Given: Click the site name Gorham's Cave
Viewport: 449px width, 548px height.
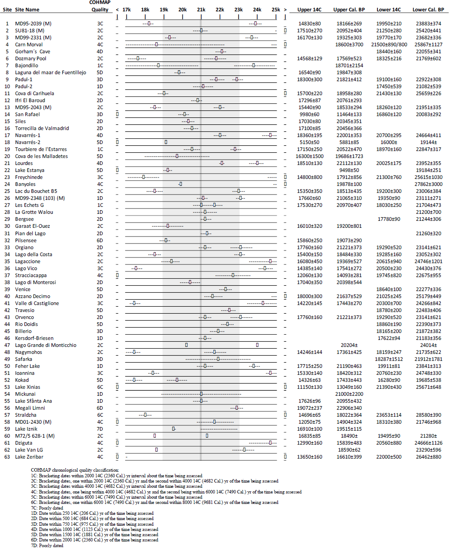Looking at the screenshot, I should [x=32, y=51].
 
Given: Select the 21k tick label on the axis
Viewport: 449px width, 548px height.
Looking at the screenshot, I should [x=201, y=10].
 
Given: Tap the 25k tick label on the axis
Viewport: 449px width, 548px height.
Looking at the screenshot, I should [x=276, y=10].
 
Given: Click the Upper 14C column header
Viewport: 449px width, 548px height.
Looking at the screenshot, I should [x=309, y=10].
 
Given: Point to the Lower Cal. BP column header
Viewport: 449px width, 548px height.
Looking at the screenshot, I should [x=428, y=10].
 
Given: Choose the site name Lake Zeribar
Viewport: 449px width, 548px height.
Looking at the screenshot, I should [x=29, y=457].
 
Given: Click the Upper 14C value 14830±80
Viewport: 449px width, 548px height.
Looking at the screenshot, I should [x=309, y=24].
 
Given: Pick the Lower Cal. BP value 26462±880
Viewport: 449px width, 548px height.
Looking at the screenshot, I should [x=428, y=457].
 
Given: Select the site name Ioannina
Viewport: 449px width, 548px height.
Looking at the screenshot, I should [x=25, y=373].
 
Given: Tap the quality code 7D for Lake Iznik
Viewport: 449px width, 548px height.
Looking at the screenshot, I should [x=100, y=429].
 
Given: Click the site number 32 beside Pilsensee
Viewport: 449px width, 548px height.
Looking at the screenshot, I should [x=7, y=240].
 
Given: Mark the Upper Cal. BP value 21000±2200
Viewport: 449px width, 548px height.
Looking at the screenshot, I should [x=349, y=394].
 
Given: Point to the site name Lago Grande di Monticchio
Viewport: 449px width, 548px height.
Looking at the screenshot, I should [x=45, y=345].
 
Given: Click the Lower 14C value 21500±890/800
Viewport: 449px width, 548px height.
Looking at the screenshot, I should [x=389, y=45].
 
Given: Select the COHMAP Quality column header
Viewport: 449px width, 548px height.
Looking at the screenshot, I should [x=100, y=6].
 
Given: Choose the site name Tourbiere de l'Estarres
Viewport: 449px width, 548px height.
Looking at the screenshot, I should [x=41, y=149].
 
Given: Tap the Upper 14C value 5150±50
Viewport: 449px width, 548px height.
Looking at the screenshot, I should [x=309, y=142].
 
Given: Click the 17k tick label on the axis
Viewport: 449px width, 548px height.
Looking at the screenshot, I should [x=127, y=10].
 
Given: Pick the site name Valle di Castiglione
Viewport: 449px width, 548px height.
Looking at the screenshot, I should [x=37, y=303].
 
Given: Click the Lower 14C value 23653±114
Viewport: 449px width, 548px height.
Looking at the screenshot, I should [x=389, y=415].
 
